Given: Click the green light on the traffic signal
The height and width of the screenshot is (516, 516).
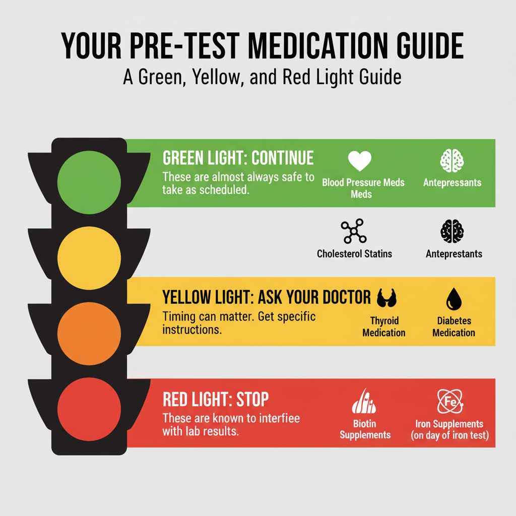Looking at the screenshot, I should click(x=89, y=180).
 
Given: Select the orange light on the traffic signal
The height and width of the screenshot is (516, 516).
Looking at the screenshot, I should click(x=89, y=333).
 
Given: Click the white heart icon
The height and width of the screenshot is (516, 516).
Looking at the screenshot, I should click(x=360, y=161).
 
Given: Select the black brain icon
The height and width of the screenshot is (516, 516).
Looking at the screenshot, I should click(x=452, y=232).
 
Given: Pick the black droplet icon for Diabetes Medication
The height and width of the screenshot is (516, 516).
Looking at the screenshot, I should click(x=453, y=300).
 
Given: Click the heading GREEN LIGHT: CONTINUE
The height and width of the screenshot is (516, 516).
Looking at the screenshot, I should click(x=238, y=158).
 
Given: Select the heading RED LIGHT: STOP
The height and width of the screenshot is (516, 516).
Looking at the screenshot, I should click(x=216, y=400).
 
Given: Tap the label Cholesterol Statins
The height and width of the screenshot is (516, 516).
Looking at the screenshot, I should click(x=354, y=253).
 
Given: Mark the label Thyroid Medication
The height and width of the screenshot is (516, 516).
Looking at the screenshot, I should click(x=384, y=327).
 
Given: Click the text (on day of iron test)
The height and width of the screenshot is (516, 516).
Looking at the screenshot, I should click(x=450, y=435).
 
